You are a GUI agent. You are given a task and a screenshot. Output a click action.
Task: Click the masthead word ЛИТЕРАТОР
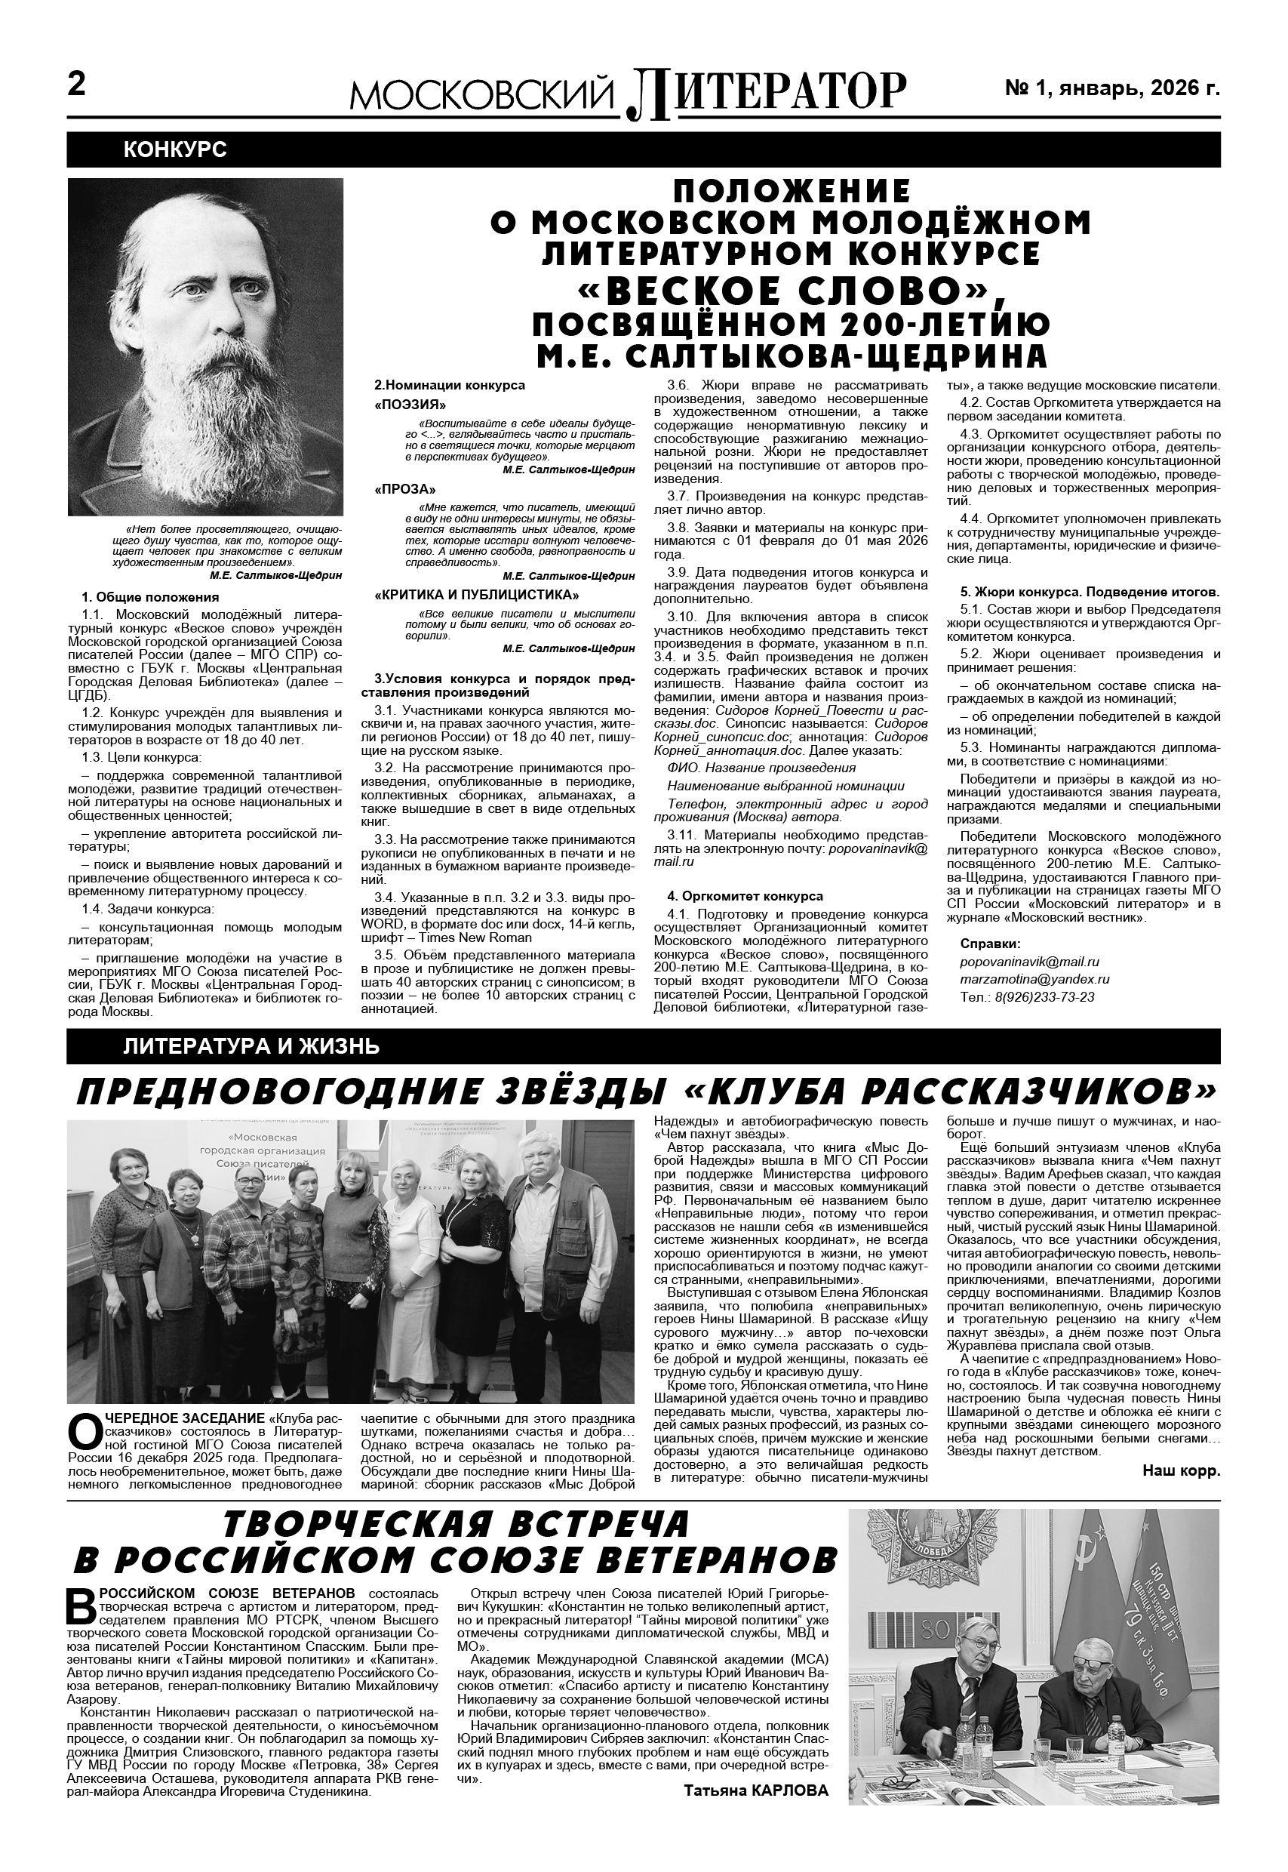[x=767, y=92]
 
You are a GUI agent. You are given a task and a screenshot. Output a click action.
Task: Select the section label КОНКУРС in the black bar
[x=174, y=149]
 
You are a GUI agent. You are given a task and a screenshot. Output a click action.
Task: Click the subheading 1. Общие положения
[x=149, y=597]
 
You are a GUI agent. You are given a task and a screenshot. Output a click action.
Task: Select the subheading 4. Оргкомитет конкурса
[x=744, y=896]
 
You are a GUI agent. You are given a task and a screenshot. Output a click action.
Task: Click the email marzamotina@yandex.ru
[x=1034, y=979]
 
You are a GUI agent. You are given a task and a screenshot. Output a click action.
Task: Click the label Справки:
[x=990, y=944]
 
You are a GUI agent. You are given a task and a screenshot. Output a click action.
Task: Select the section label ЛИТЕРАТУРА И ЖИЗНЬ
[x=251, y=1047]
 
